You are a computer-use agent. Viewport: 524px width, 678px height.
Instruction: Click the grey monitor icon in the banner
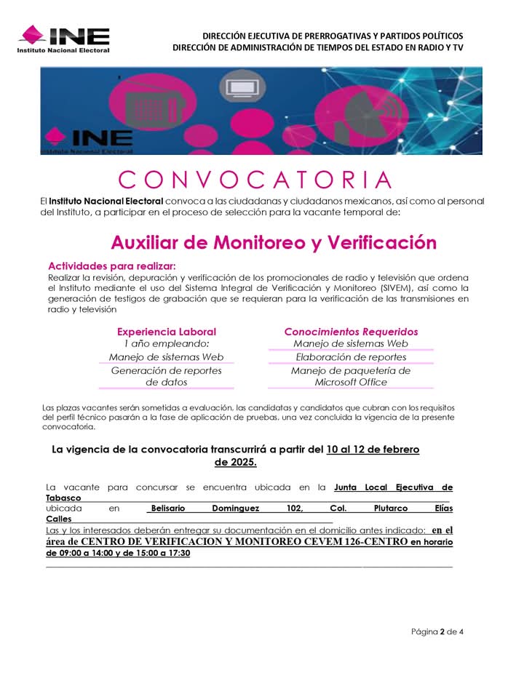(x=240, y=88)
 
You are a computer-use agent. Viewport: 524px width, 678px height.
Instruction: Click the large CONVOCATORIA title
(x=255, y=179)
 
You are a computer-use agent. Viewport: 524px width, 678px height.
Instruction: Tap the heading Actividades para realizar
(x=111, y=266)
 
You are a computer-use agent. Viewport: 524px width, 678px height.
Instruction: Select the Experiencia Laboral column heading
(x=166, y=331)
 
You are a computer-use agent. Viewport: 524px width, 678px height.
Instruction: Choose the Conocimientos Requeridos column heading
(x=351, y=331)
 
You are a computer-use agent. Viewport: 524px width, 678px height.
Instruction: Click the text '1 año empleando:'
(x=166, y=343)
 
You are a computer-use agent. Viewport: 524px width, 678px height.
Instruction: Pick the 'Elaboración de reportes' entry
(x=351, y=357)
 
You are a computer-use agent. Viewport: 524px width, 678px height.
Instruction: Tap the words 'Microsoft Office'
(x=351, y=382)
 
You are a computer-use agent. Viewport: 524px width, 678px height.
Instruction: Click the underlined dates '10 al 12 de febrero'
(x=373, y=450)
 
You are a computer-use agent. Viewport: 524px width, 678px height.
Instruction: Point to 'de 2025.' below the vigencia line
(x=235, y=462)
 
